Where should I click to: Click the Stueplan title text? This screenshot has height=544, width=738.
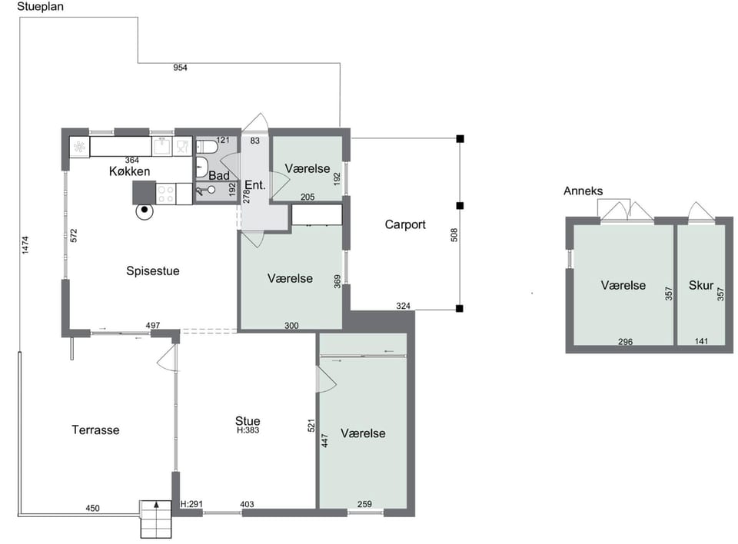point(40,7)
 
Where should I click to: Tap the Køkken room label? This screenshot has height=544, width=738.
point(129,171)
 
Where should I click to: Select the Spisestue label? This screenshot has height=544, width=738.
point(152,271)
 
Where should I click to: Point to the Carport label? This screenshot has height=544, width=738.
point(405,224)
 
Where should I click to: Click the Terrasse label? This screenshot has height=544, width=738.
point(95,430)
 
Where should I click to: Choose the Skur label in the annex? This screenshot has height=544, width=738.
point(701,285)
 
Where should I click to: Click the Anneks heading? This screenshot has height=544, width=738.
point(583,191)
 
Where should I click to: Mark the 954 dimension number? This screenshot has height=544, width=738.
point(180,68)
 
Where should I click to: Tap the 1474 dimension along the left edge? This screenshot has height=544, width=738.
point(25,245)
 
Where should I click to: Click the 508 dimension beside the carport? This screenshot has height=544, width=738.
point(454,235)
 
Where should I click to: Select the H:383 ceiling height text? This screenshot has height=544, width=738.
point(248,430)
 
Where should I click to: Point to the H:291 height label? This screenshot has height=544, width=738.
point(191,504)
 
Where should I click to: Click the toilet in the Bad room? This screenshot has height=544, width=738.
point(207,148)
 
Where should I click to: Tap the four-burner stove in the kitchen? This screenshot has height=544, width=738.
point(165,194)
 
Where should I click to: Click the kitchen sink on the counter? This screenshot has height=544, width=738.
point(162,146)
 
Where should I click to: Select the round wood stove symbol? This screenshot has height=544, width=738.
point(145,211)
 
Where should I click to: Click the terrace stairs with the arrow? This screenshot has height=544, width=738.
point(156,519)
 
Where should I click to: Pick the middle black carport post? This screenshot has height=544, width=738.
point(460,206)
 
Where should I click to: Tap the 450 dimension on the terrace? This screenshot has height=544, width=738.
point(93,508)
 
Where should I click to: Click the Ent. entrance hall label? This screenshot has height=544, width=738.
point(255,185)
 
